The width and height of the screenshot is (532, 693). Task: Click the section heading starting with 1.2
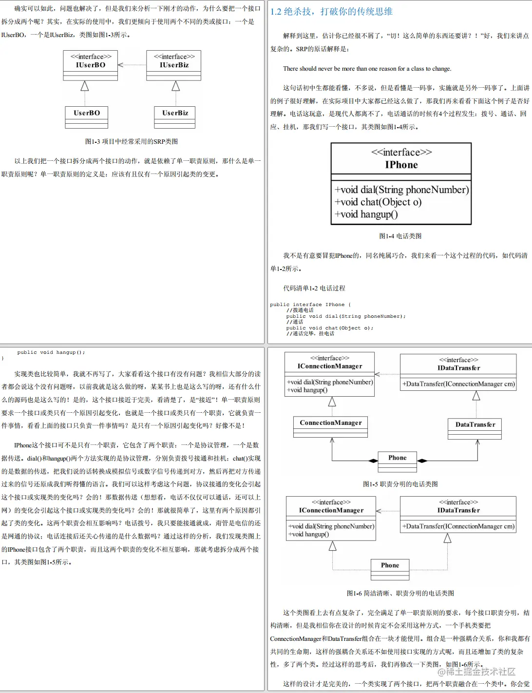click(x=331, y=12)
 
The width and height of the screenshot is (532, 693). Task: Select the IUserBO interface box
click(x=90, y=65)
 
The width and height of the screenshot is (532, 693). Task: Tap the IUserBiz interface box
click(x=174, y=65)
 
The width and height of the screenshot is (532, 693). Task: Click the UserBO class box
click(x=87, y=117)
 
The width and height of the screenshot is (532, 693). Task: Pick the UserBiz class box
click(x=175, y=117)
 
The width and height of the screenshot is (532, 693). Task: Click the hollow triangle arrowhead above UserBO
click(x=85, y=86)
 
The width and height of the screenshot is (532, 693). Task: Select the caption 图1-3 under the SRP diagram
click(x=132, y=141)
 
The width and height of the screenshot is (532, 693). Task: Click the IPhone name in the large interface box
click(x=401, y=165)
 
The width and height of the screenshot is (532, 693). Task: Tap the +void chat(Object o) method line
click(x=378, y=202)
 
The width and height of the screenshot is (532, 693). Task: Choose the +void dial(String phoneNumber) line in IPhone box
click(x=401, y=190)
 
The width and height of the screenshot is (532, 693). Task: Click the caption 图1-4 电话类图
click(x=400, y=236)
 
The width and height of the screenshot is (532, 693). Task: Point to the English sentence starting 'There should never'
click(x=367, y=69)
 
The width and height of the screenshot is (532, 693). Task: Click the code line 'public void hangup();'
click(x=51, y=352)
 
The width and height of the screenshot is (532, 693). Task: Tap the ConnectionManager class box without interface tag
click(x=330, y=426)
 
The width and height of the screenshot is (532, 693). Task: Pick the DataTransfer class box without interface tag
click(x=475, y=428)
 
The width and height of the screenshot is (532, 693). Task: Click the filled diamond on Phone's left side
click(x=373, y=461)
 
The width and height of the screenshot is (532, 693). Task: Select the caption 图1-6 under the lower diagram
click(x=400, y=593)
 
